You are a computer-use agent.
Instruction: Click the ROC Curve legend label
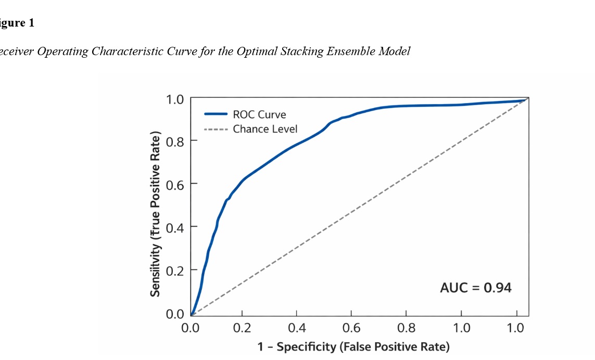[x=259, y=114]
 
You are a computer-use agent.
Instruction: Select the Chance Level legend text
[x=265, y=129]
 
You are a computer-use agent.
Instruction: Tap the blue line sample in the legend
[x=216, y=114]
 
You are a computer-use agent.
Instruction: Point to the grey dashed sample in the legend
[x=216, y=129]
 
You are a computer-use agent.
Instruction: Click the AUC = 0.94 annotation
[x=476, y=287]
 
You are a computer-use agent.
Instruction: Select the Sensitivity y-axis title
[x=155, y=213]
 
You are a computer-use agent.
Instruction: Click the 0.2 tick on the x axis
[x=242, y=328]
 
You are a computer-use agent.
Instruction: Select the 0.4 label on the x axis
[x=296, y=328]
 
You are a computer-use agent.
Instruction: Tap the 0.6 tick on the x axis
[x=351, y=328]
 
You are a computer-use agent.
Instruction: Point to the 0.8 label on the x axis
[x=406, y=328]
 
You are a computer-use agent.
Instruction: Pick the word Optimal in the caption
[x=254, y=52]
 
